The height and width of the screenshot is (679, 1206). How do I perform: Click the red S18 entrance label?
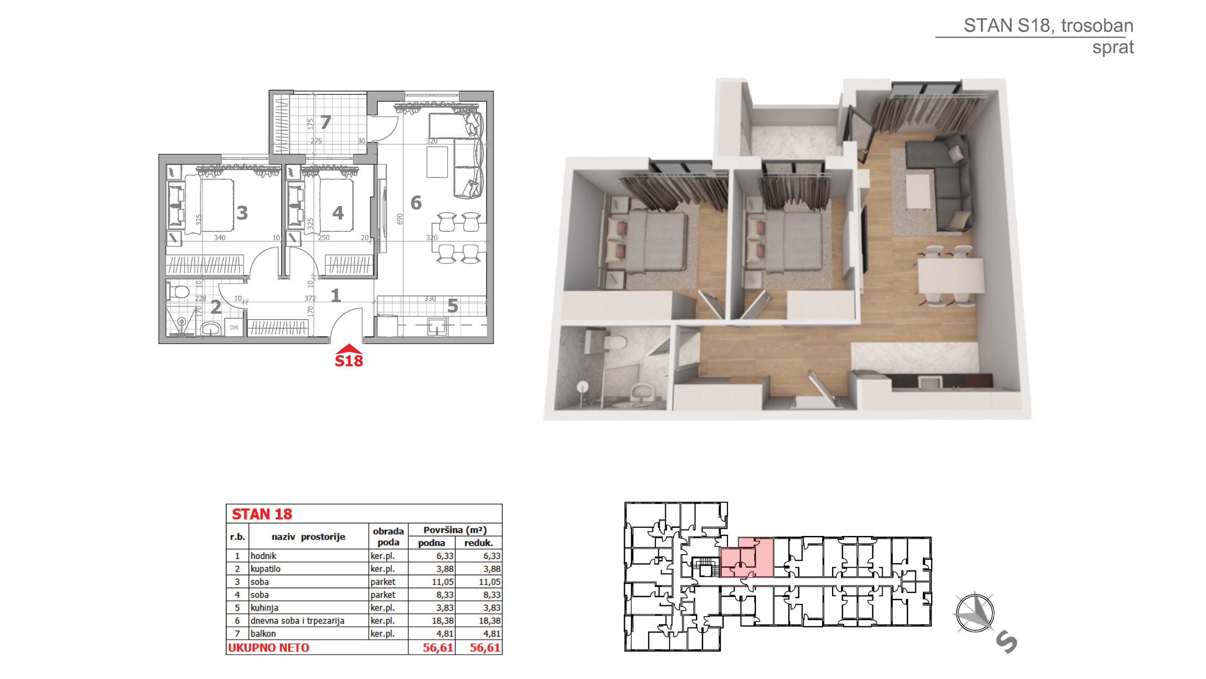tap(349, 360)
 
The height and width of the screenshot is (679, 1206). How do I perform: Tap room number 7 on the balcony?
tap(326, 122)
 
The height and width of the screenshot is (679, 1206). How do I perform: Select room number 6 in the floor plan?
tap(416, 203)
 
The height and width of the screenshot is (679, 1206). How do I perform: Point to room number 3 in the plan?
tap(242, 213)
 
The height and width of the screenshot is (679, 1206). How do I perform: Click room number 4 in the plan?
tap(338, 213)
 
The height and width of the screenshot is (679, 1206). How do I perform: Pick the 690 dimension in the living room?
tap(399, 219)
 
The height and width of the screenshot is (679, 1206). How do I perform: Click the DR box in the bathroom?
tap(234, 328)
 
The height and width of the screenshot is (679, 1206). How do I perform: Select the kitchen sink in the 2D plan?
tap(437, 325)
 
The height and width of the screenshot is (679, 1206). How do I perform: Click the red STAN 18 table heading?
tap(262, 514)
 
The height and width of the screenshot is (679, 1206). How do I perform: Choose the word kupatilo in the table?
tap(265, 569)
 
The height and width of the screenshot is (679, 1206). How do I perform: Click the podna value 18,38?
tap(442, 621)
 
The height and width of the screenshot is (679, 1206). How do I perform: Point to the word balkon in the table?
tap(263, 634)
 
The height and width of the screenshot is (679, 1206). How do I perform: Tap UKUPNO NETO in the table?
tap(269, 648)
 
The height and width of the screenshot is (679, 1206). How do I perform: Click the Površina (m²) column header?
tap(455, 530)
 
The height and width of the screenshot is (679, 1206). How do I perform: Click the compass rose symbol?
tap(975, 613)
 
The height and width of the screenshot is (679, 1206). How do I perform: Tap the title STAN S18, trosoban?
tap(1049, 25)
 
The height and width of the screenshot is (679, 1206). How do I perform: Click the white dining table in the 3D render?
tap(951, 276)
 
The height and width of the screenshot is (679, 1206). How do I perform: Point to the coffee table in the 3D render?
tap(918, 191)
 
